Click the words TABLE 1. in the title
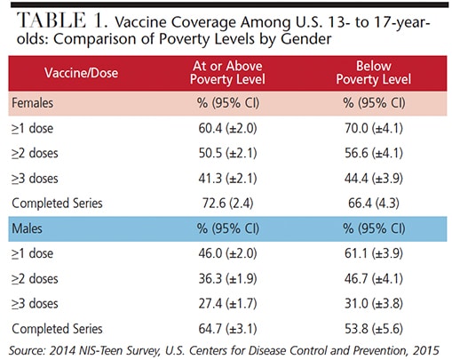click(x=61, y=20)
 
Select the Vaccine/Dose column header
click(x=81, y=73)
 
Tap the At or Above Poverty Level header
click(x=227, y=73)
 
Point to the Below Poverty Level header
click(x=373, y=73)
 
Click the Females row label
click(x=33, y=103)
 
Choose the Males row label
click(x=27, y=228)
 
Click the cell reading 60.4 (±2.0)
click(x=227, y=128)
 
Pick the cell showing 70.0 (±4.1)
click(x=374, y=128)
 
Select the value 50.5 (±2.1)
click(x=227, y=153)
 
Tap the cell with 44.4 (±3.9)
click(x=374, y=179)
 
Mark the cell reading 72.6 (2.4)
click(x=227, y=204)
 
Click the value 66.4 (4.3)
click(x=374, y=204)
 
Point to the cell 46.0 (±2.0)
click(x=227, y=253)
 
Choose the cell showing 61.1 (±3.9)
click(x=374, y=253)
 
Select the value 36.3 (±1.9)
click(x=227, y=278)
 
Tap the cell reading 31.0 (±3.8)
click(x=374, y=304)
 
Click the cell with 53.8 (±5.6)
click(x=374, y=329)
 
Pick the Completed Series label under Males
click(x=57, y=329)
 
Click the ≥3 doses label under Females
click(x=35, y=179)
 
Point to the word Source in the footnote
click(x=27, y=350)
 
